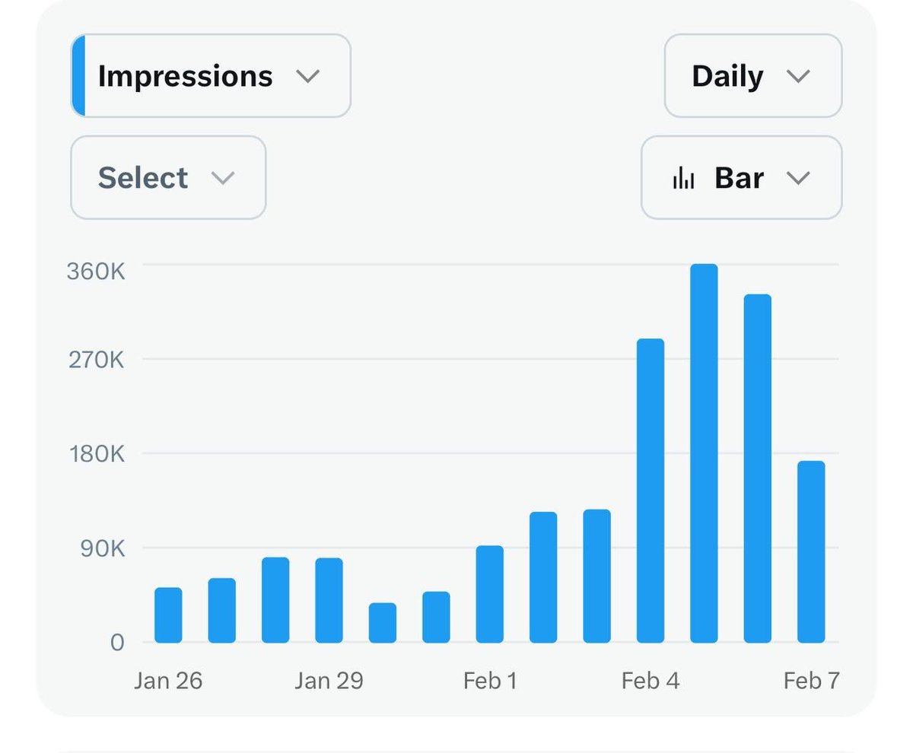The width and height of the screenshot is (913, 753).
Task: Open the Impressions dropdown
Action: point(210,76)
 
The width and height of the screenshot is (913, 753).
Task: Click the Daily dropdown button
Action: point(752,76)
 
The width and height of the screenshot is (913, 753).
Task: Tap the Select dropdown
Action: point(167,178)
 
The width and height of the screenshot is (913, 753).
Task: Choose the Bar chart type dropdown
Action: point(741,178)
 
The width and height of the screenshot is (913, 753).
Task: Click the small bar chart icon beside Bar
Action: point(683,178)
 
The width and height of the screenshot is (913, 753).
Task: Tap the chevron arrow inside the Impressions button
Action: point(307,76)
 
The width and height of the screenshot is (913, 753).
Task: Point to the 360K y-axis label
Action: point(96,272)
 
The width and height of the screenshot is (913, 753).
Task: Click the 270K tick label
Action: point(96,359)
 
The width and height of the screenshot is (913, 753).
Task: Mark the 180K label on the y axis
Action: point(96,454)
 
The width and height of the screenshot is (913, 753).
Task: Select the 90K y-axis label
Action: point(101,548)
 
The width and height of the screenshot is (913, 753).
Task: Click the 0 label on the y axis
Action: point(116,643)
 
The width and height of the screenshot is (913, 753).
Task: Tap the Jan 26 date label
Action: point(168,680)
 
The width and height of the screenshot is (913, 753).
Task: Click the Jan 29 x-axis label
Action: point(329,680)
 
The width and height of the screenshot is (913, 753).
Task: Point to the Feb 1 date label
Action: point(490,680)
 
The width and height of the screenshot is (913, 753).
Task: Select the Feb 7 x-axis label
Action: point(811,680)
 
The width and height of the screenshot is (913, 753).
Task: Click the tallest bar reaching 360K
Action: point(704,453)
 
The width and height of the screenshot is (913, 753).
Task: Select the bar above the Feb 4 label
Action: point(651,491)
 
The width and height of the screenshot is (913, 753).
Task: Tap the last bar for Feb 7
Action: point(811,551)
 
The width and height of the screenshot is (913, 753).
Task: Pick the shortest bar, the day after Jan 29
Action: point(383,623)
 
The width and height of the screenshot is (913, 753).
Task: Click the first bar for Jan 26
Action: point(168,615)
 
